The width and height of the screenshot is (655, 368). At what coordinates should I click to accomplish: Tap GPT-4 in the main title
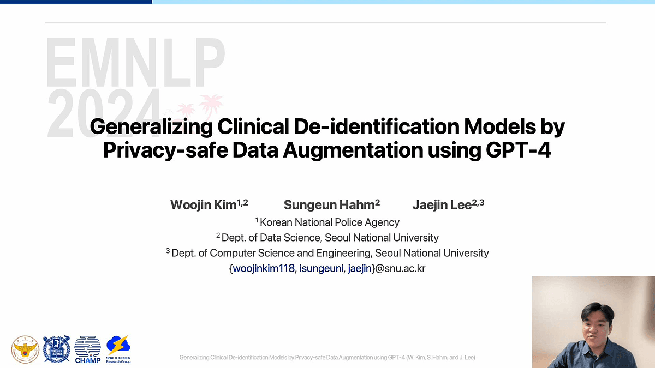coord(519,150)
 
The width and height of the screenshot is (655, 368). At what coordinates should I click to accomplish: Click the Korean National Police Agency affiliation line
coord(327,222)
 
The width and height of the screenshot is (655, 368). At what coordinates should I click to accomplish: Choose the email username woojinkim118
coord(264,268)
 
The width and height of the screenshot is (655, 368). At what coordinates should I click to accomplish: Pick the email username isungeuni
coord(321,268)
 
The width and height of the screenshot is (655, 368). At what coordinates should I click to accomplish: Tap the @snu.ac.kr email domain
coord(400,268)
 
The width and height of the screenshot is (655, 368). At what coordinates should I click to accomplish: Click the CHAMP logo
coord(87,349)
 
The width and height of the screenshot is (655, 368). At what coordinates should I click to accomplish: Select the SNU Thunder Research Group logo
coord(118,349)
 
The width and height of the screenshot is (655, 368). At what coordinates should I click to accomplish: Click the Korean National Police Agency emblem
coord(25,349)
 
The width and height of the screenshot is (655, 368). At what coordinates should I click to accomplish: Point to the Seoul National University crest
coord(56,349)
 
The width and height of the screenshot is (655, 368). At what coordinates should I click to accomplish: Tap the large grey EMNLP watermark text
coord(135,62)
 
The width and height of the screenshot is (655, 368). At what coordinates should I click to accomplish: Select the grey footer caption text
coord(327,357)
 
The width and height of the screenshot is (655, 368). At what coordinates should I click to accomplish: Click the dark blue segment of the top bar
coord(76,2)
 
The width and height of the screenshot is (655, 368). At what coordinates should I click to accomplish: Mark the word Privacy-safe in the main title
coord(165,150)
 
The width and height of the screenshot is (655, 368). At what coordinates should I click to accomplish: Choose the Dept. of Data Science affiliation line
coord(327,238)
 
